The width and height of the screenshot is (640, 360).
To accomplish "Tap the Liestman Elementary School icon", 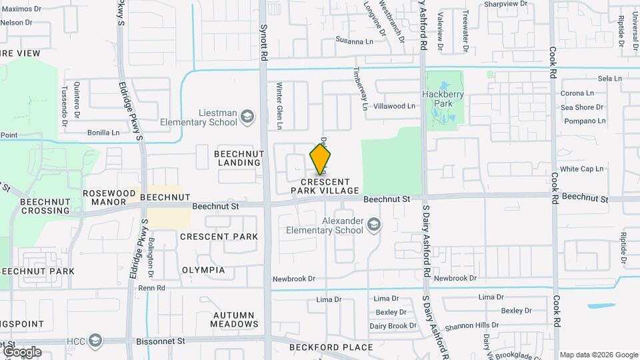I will (247, 117).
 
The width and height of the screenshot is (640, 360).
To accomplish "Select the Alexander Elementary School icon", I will (374, 225).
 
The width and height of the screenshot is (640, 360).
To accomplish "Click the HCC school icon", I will (95, 341).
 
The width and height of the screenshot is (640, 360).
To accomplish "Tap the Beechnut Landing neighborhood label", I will (239, 158).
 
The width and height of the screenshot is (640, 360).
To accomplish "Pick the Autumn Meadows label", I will (234, 319).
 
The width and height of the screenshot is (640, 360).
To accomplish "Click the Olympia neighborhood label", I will (203, 270).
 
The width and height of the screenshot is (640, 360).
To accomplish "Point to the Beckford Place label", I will (331, 347).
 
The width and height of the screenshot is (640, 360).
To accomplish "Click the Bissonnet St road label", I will (160, 341).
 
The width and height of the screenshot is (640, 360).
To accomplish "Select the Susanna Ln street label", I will (355, 41).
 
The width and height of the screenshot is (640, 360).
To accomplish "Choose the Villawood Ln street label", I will (394, 106).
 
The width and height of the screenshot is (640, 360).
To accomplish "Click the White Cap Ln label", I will (581, 169).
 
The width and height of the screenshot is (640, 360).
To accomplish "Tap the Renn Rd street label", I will (151, 288).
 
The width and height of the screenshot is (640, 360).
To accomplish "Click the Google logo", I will (21, 351).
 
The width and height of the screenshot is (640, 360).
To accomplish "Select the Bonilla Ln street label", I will (102, 133).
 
